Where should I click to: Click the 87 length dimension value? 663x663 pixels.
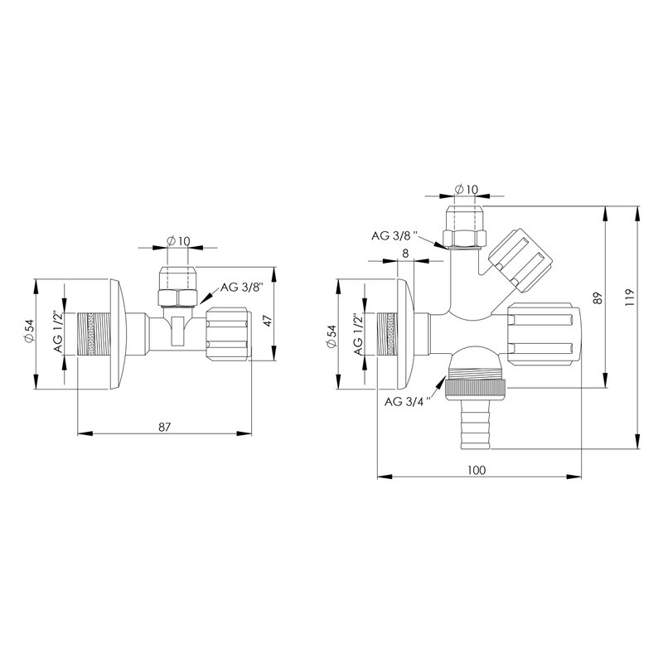point(164,426)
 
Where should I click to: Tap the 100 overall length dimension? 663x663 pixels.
point(476,470)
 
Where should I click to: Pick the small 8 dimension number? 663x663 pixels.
point(404,254)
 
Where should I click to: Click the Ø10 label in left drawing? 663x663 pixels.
point(179,240)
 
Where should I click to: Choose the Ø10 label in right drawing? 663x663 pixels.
point(467,190)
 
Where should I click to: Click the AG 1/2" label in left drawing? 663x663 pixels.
point(58,332)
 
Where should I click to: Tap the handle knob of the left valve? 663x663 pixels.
point(228,332)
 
